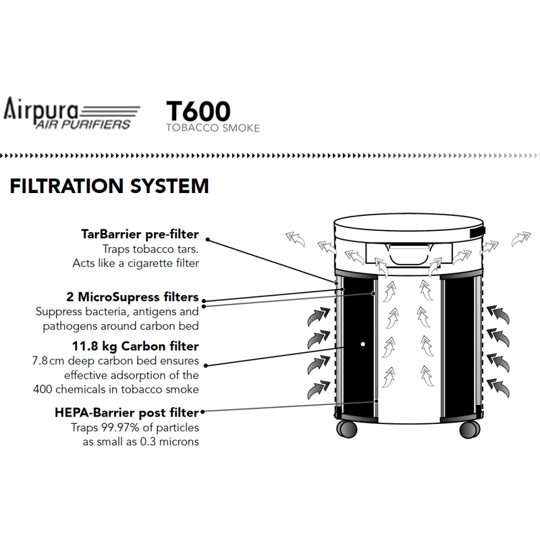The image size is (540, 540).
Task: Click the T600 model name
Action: [198, 111]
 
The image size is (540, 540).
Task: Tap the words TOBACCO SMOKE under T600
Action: [213, 128]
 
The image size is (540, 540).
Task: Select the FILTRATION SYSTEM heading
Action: [109, 186]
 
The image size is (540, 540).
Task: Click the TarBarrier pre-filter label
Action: [140, 234]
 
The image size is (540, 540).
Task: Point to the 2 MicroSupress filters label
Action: [132, 297]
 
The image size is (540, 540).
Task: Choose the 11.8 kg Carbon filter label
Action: [136, 346]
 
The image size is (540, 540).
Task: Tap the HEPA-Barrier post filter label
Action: [127, 412]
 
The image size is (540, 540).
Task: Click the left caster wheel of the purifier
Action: [347, 429]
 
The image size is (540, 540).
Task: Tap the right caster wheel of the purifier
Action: [470, 429]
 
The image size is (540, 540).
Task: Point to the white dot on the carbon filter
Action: [362, 344]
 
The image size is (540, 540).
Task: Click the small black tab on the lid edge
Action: [478, 232]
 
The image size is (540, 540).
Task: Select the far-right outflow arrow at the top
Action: [520, 239]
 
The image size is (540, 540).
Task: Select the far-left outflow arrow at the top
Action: [295, 239]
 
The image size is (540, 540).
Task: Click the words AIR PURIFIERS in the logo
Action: [83, 124]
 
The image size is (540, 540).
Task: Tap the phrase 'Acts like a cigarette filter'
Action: [136, 263]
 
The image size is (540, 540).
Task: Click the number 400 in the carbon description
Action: [43, 389]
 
